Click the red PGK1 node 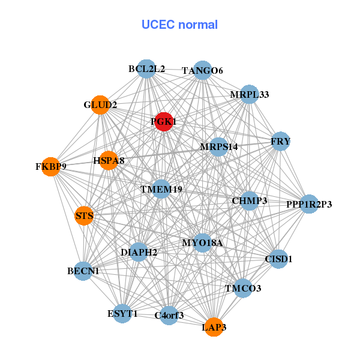coord(164,122)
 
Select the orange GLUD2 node coord(100,105)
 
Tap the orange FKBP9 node coord(50,166)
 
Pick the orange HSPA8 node coord(109,160)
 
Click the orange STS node coord(84,215)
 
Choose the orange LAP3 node coord(214,327)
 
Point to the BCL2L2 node coord(146,69)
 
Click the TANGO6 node coord(202,71)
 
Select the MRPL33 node coord(249,95)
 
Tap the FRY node coord(280,142)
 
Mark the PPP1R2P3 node coord(309,205)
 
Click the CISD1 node coord(278,259)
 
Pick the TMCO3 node coord(243,289)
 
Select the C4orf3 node coord(169,315)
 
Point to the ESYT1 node coord(122,313)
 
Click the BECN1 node coord(83,272)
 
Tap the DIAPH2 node coord(139,252)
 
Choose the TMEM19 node coord(161,190)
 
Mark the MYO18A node coord(202,243)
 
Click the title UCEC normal coord(179,25)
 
